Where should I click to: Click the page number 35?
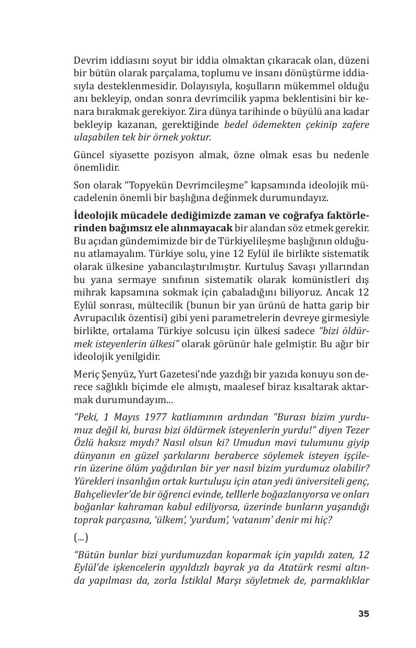point(363,614)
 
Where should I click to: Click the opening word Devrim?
point(88,60)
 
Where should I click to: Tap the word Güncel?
point(90,155)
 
